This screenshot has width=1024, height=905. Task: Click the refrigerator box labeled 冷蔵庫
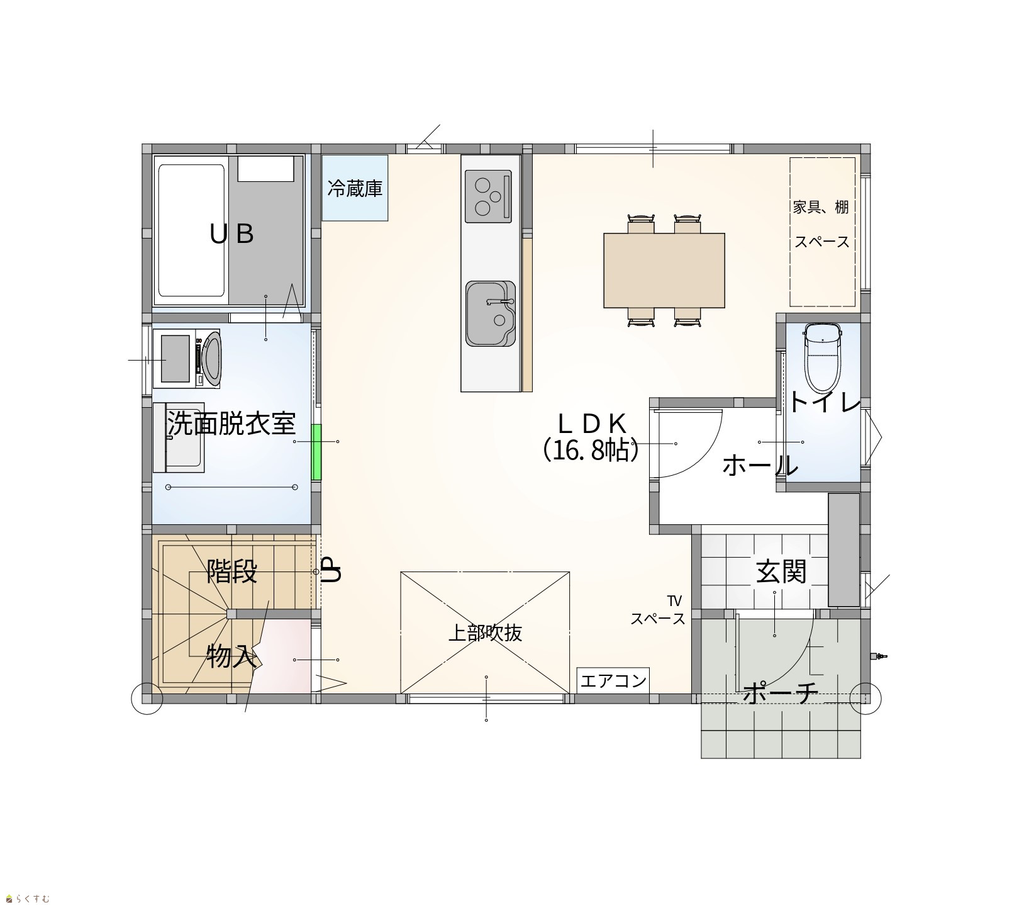tap(355, 188)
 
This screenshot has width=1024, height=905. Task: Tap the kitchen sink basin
tap(491, 313)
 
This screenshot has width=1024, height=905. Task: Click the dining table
tap(664, 271)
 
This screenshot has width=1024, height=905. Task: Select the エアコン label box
tap(613, 680)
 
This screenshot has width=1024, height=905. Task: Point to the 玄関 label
tap(781, 571)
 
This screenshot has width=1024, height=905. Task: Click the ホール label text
tap(760, 466)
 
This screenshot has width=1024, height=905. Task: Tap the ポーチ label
tap(780, 694)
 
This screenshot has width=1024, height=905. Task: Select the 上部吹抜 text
tap(485, 632)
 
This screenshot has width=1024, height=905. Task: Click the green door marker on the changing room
tap(317, 453)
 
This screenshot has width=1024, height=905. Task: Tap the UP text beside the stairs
tap(331, 570)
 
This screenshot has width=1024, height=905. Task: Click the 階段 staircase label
tap(232, 572)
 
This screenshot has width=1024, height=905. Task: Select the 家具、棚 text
tap(821, 207)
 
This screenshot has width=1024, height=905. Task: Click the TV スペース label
tap(659, 610)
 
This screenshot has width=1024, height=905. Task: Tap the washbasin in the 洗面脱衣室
tap(179, 437)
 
